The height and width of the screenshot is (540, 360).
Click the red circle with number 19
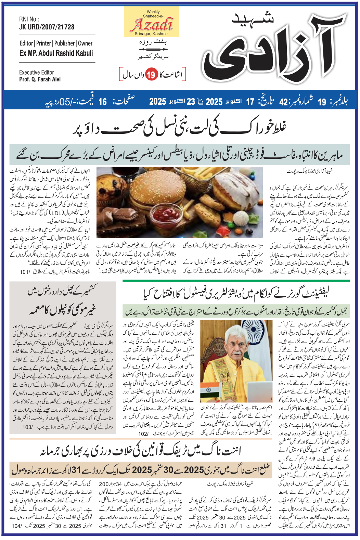tap(151, 74)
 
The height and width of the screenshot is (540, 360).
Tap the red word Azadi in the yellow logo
tap(152, 25)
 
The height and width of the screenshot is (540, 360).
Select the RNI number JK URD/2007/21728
tap(47, 27)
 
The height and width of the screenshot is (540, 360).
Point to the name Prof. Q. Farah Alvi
tap(40, 79)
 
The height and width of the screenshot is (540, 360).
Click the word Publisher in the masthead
tap(64, 43)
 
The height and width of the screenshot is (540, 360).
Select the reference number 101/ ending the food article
tap(25, 272)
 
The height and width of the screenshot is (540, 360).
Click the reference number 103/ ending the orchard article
tap(27, 427)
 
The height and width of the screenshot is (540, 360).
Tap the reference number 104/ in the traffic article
tap(16, 526)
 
